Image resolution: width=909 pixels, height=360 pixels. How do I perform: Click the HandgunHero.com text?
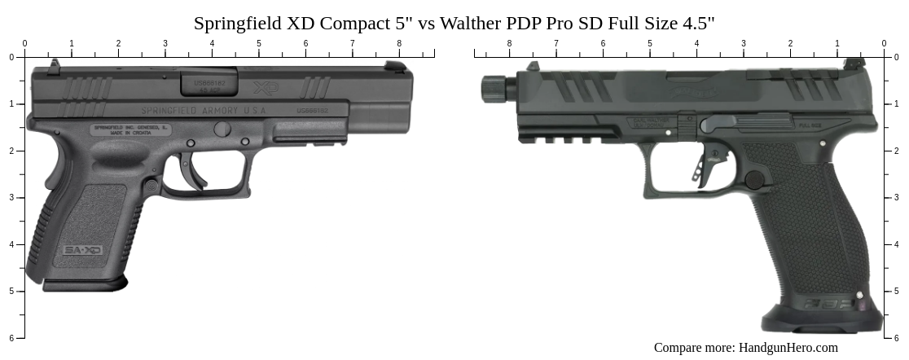[x=788, y=348]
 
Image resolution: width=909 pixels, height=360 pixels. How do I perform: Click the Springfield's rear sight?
[x=54, y=64]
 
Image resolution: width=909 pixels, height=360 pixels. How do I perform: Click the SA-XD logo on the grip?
[x=82, y=250]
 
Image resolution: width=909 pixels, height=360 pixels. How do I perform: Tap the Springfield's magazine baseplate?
[x=85, y=283]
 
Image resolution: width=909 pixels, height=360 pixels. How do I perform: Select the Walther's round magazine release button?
[x=755, y=180]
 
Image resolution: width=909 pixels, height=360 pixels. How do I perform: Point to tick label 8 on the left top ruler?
[x=399, y=44]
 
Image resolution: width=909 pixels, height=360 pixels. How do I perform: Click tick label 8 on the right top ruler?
[x=510, y=44]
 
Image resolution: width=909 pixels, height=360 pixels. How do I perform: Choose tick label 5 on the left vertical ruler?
[x=11, y=291]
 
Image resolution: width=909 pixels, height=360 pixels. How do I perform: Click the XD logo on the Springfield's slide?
[x=266, y=86]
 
